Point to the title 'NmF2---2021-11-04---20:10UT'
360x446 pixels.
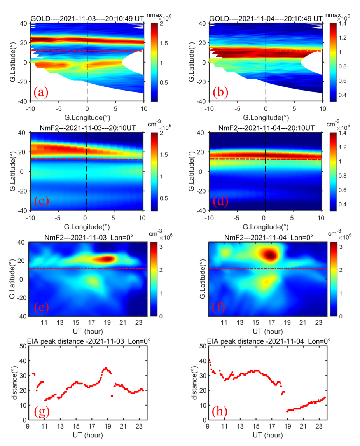click(x=265, y=128)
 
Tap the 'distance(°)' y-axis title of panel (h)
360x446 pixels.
click(x=195, y=383)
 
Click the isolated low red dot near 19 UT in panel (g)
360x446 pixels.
click(x=112, y=396)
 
